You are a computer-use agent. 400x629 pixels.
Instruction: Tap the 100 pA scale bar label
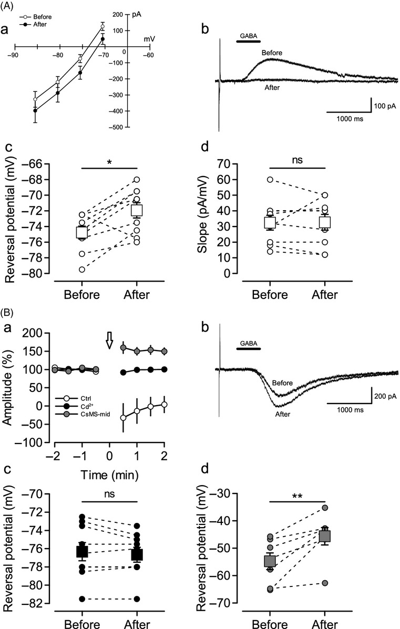click(x=385, y=106)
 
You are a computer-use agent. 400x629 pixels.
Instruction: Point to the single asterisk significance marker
click(x=110, y=162)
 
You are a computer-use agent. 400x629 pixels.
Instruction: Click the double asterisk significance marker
click(x=298, y=496)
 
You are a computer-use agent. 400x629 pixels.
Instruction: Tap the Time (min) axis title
click(x=109, y=475)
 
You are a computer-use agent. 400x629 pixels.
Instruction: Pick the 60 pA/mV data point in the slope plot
click(x=270, y=179)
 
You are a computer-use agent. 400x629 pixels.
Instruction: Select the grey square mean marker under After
click(x=325, y=536)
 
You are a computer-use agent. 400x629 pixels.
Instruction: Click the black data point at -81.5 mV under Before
click(x=82, y=599)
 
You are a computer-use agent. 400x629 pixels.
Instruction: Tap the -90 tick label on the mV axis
click(x=14, y=55)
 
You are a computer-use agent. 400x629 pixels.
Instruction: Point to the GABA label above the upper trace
click(x=248, y=36)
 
